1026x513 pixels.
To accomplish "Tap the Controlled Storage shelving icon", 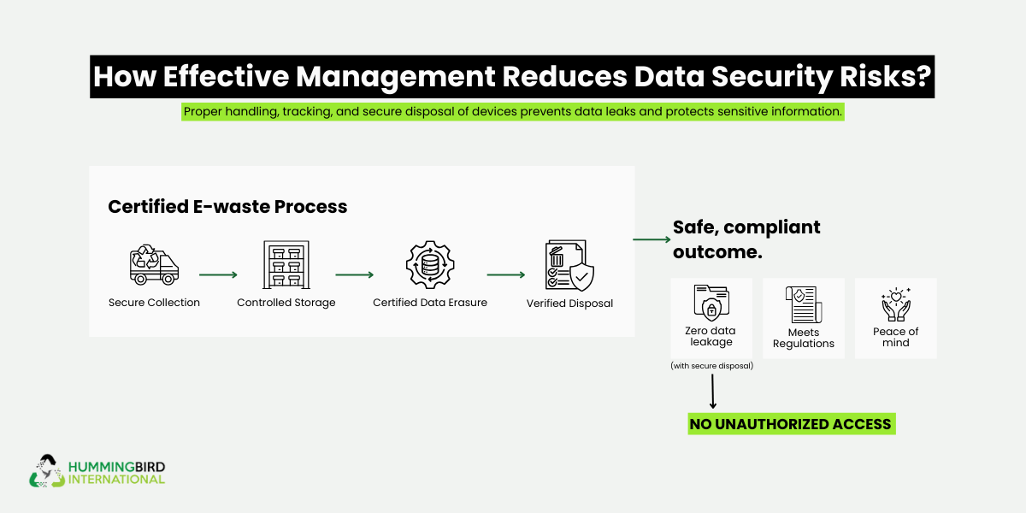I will [286, 264].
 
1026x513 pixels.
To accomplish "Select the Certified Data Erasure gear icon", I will [430, 265].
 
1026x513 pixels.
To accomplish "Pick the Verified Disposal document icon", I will [569, 266].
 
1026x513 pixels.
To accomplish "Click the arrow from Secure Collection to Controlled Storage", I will [218, 275].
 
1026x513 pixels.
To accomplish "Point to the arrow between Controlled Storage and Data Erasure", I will [355, 275].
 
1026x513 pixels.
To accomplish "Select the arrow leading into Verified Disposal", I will [505, 275].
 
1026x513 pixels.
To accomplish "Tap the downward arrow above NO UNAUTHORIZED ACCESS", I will [712, 392].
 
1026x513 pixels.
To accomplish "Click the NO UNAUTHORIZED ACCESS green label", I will [792, 424].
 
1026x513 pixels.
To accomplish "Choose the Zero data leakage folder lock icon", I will [711, 302].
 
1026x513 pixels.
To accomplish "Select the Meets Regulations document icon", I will [803, 304].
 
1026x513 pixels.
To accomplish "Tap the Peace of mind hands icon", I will [895, 304].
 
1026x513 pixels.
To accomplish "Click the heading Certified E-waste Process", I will [227, 207].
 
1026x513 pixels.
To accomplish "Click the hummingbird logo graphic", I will [46, 471].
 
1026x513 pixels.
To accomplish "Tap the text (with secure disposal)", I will [711, 366].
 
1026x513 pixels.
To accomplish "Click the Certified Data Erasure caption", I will [430, 303].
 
